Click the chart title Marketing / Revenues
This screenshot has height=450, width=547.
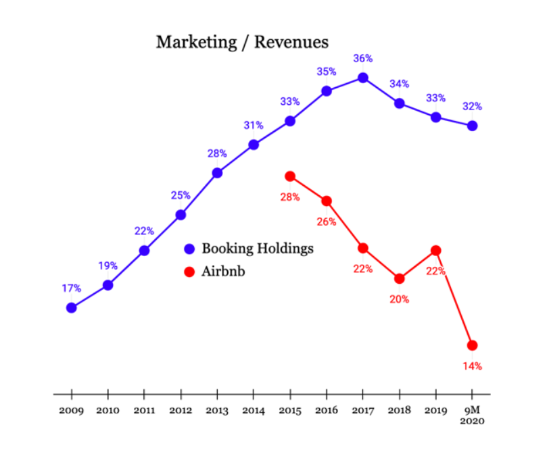tap(242, 42)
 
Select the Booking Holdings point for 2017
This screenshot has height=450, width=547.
tap(363, 78)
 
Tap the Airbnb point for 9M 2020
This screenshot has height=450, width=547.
tap(473, 345)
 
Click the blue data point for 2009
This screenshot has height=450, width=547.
tap(71, 307)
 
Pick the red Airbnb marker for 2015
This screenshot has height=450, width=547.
tap(290, 176)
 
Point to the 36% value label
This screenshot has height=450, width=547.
tap(363, 59)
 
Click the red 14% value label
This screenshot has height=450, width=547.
tap(472, 366)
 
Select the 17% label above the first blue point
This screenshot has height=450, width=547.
tap(71, 289)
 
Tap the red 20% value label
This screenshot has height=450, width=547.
tap(399, 299)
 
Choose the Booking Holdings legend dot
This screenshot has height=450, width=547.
tap(189, 249)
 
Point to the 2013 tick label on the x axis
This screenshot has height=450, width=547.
tap(217, 411)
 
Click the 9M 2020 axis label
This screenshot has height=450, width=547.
tap(473, 416)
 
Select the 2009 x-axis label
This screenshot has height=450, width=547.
tap(71, 411)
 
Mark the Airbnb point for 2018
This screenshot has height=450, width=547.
tap(400, 278)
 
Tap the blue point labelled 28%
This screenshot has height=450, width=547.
tap(217, 173)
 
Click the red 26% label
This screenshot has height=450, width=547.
tap(327, 222)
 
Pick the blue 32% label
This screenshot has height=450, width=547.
tap(472, 106)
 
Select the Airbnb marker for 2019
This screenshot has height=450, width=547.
tap(436, 251)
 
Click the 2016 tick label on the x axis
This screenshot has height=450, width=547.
tap(327, 411)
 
